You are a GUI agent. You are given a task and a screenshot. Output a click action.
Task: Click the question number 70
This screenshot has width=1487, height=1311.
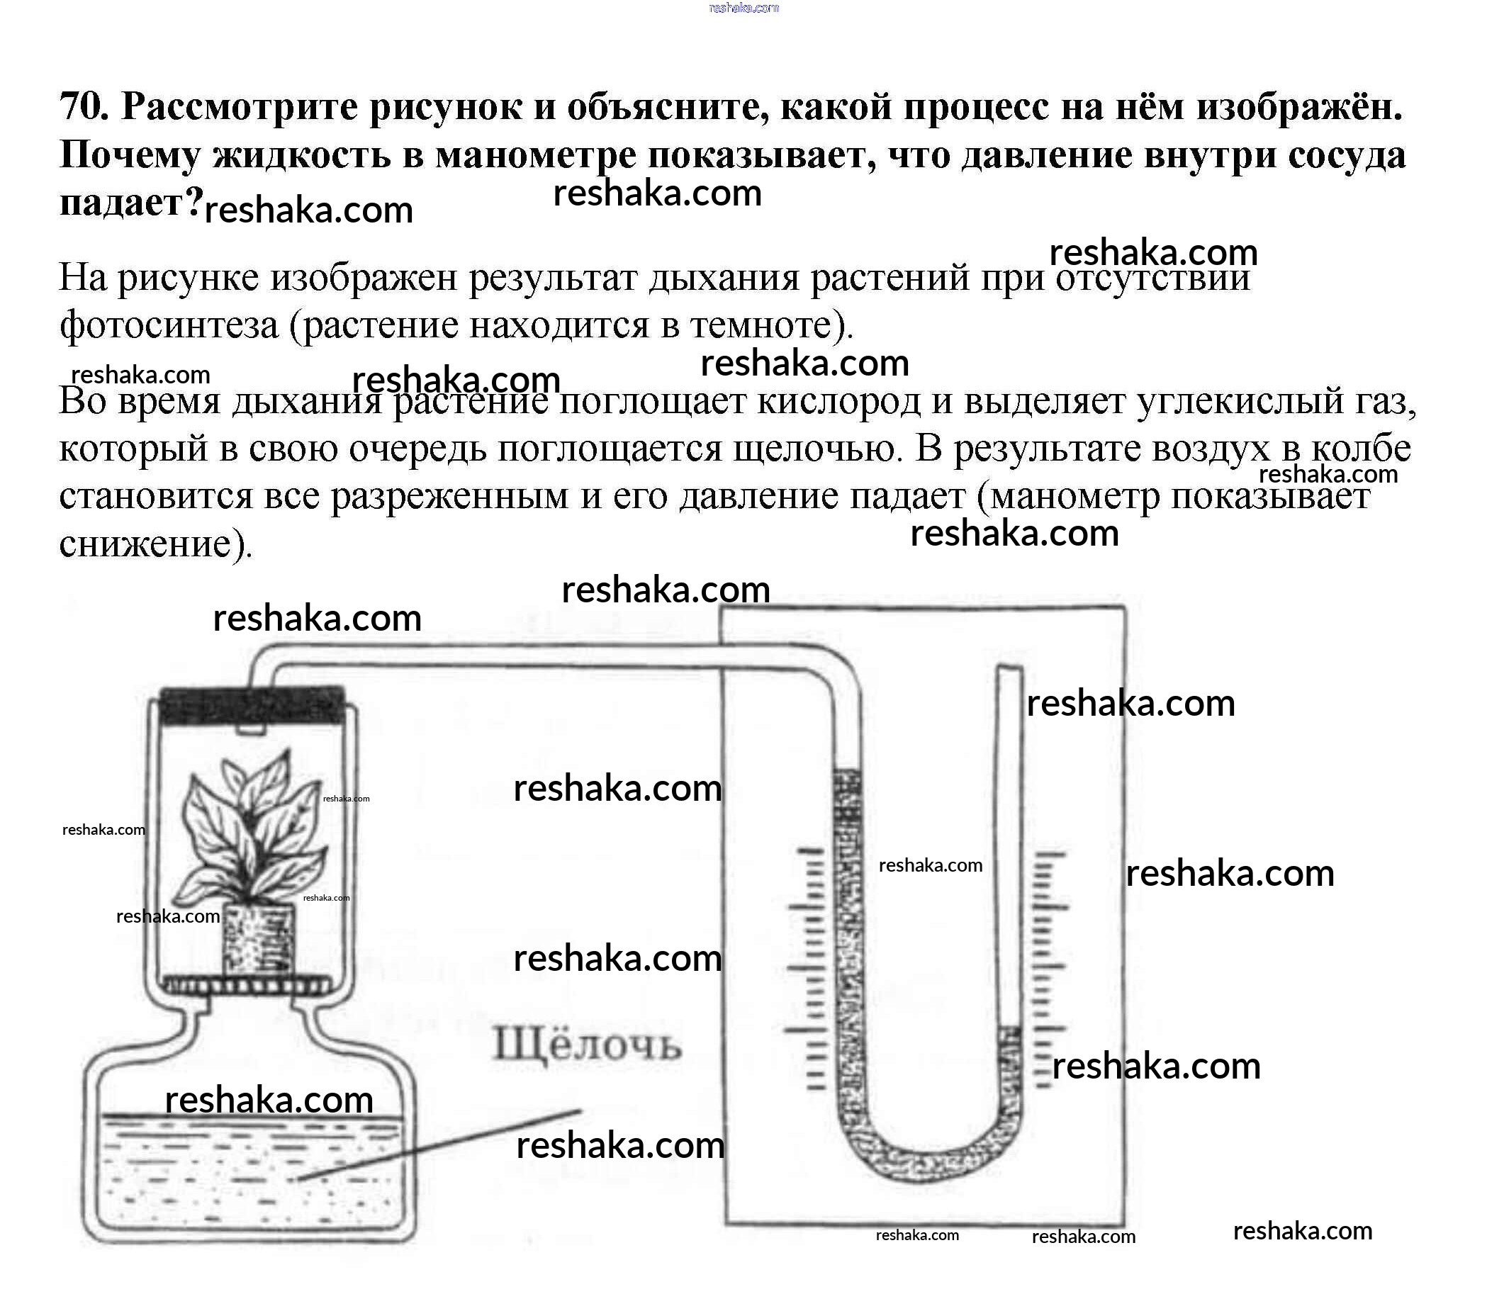(x=84, y=107)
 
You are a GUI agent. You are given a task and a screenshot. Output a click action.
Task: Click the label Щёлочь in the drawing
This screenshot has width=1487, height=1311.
(x=587, y=1045)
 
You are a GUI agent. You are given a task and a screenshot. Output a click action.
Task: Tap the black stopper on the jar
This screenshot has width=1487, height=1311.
(x=252, y=705)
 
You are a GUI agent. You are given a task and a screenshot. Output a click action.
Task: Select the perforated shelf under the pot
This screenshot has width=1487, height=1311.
(x=247, y=986)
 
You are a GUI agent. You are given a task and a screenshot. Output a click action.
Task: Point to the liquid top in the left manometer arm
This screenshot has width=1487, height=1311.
(x=847, y=772)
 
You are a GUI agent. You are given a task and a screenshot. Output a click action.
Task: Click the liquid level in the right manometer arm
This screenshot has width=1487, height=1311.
(x=1009, y=1029)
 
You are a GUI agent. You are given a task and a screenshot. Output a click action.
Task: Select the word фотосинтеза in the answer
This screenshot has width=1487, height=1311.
(x=169, y=325)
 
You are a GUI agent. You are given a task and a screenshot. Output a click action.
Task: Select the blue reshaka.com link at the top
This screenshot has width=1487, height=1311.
(x=743, y=8)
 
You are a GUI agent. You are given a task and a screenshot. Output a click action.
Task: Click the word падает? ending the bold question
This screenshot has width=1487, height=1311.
(x=131, y=203)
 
